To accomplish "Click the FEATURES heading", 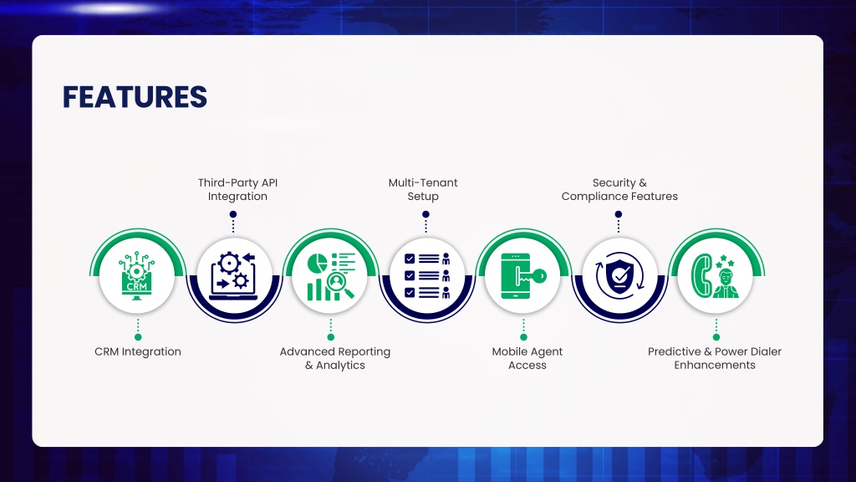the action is click(x=135, y=97).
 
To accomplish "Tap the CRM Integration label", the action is click(x=138, y=351).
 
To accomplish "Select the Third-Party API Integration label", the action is click(x=237, y=189).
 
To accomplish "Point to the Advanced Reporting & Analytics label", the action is click(x=334, y=358).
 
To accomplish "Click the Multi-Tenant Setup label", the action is click(x=423, y=189).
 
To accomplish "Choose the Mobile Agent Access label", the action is click(x=527, y=358).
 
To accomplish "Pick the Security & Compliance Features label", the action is click(x=619, y=189).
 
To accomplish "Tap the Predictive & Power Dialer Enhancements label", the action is click(x=715, y=358).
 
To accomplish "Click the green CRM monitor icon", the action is click(x=136, y=275).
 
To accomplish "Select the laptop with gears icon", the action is click(x=234, y=276).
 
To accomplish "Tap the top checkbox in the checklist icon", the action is click(x=410, y=259).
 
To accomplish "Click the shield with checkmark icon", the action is click(x=619, y=276).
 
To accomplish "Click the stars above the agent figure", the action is click(x=725, y=261).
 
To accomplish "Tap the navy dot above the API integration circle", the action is click(x=233, y=214).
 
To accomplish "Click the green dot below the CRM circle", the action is click(x=138, y=337).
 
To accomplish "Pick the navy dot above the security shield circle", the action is click(x=619, y=214).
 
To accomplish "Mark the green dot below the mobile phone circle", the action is click(x=523, y=337).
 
